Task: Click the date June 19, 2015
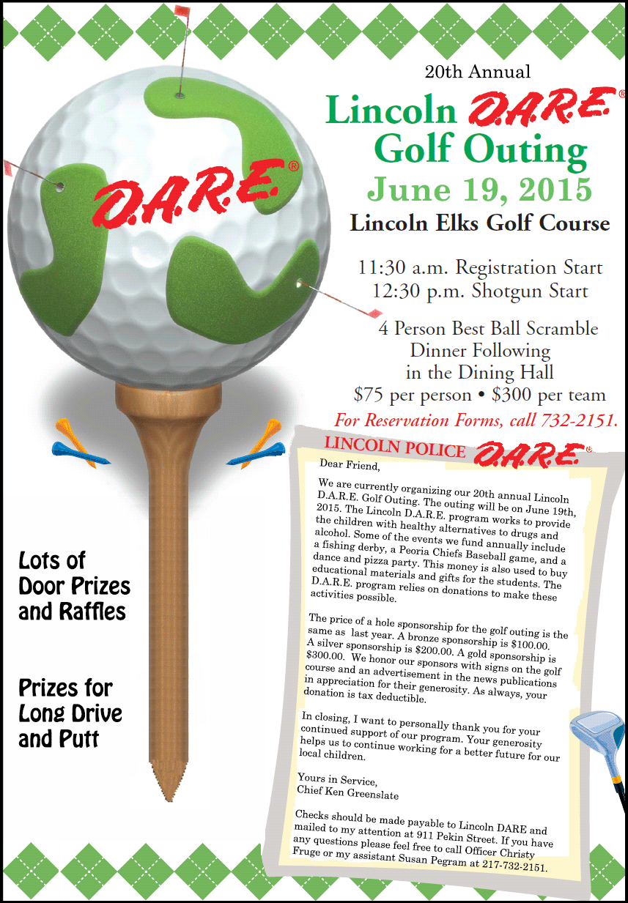point(479,189)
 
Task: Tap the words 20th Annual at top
point(477,72)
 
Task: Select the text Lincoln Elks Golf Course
point(479,223)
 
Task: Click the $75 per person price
point(412,395)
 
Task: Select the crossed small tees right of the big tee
point(259,445)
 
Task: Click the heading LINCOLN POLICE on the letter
point(395,447)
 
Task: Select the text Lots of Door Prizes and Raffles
point(74,586)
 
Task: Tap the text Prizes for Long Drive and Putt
point(70,713)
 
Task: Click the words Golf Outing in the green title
point(480,149)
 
